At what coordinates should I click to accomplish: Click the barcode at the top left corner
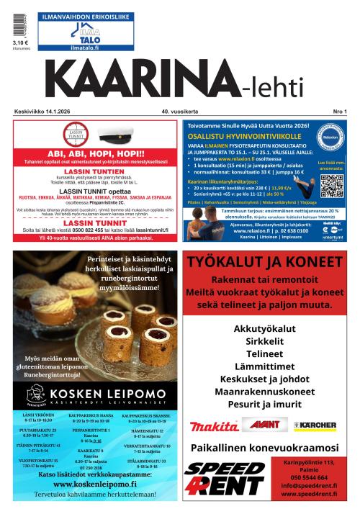click(19, 20)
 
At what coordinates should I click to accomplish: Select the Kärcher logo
click(315, 425)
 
